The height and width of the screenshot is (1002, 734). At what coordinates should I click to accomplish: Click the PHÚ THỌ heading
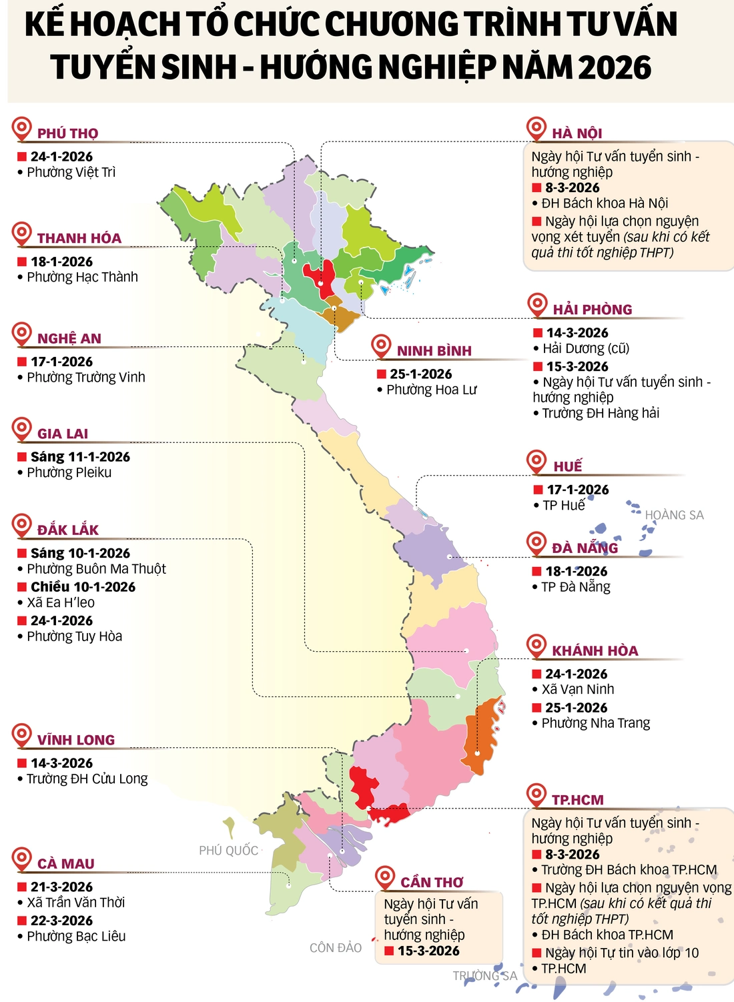67,133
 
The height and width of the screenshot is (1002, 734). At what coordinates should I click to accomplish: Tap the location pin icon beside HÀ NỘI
536,127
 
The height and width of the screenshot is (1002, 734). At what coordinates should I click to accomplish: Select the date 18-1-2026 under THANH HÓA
61,262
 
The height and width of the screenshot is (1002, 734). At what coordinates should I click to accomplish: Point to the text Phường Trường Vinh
85,378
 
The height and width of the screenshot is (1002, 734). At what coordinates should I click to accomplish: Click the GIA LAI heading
63,434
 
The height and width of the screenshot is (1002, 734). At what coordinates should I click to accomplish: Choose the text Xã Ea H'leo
61,603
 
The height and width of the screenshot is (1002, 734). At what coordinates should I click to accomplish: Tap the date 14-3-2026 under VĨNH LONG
61,763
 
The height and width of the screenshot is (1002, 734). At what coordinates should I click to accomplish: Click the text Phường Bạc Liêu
76,937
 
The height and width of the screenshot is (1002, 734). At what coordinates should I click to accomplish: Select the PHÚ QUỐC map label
228,851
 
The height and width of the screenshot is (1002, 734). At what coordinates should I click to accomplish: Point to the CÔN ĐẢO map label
336,948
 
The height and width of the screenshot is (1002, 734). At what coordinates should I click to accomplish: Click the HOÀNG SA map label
674,515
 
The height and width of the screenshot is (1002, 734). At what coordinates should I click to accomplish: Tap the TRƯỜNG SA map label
485,976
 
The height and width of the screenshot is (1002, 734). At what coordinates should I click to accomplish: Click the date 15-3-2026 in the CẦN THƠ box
428,951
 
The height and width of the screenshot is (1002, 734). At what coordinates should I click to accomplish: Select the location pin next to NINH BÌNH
381,346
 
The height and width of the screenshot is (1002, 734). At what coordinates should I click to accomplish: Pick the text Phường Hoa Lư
432,390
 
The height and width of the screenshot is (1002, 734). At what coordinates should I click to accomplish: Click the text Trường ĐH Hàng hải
600,414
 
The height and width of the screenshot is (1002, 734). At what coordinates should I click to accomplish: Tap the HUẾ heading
567,466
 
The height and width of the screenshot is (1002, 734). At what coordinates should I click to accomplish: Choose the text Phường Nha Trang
595,724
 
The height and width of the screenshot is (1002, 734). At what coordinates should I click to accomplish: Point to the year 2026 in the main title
615,67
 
